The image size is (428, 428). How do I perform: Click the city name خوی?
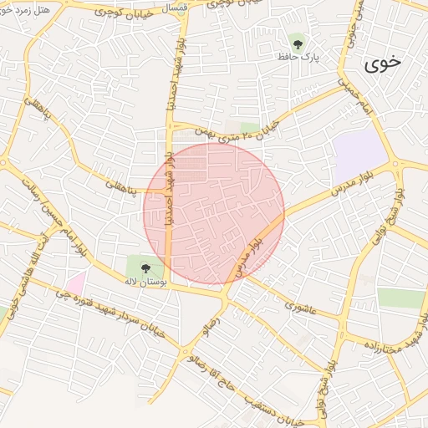(383, 61)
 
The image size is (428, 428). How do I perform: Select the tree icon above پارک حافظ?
(298, 40)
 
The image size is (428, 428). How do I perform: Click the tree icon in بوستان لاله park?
(146, 268)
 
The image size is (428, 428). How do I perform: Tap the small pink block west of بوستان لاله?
(76, 283)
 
